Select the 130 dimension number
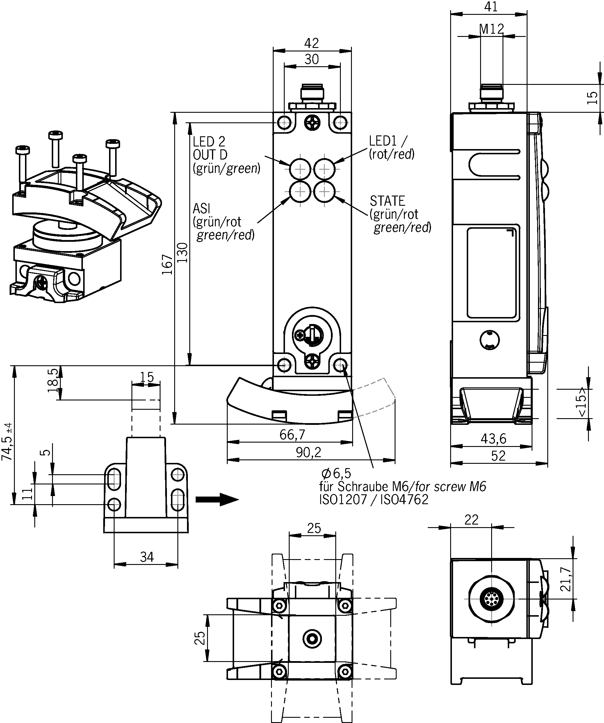tap(182, 252)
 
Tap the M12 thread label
tap(492, 29)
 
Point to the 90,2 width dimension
tap(308, 452)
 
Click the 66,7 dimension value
tap(292, 435)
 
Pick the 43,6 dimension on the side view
tap(493, 439)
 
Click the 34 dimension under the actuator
tap(147, 557)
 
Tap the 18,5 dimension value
tap(53, 380)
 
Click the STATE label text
tap(387, 201)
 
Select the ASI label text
tap(201, 208)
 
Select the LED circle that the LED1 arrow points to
tap(324, 169)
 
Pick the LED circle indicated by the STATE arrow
tap(324, 192)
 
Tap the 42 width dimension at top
tap(311, 43)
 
